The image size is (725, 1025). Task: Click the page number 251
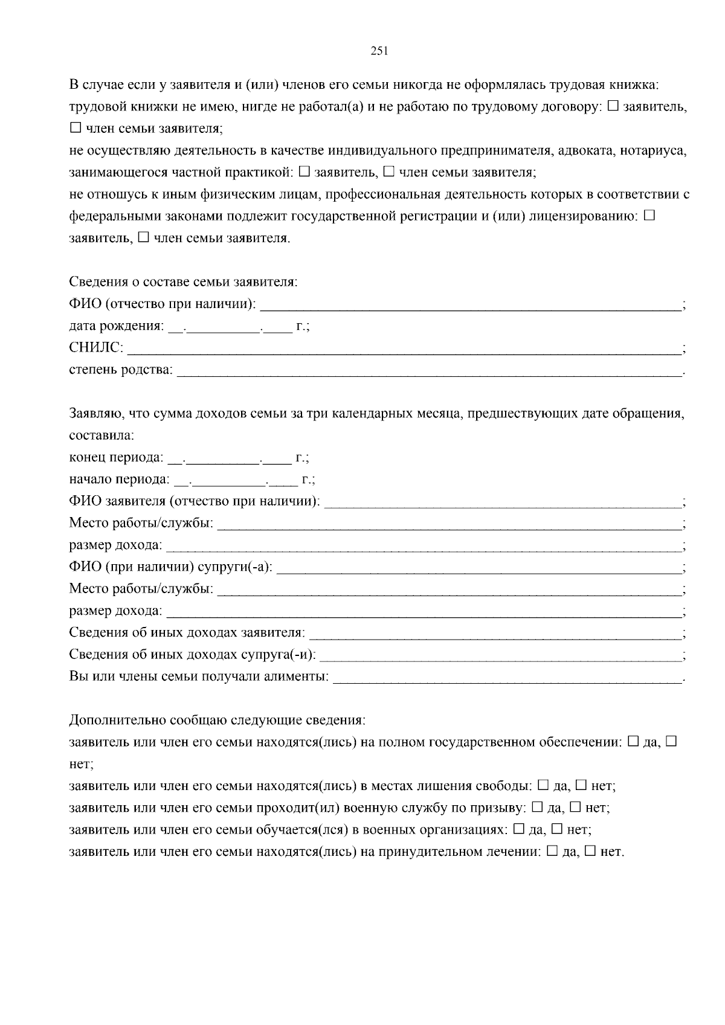tap(378, 51)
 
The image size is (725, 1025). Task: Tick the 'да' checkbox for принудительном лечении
tap(552, 851)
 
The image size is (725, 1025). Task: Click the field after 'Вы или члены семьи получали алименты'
tap(507, 678)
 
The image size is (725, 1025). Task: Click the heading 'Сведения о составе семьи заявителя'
tap(183, 282)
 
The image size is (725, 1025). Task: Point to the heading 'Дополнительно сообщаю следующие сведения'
tap(217, 720)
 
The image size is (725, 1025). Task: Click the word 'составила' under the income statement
tap(101, 435)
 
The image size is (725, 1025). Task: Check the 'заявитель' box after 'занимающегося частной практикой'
tap(304, 172)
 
